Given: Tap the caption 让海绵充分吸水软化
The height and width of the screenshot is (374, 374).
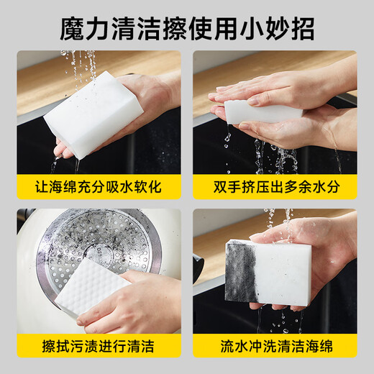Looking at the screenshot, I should pyautogui.click(x=99, y=188).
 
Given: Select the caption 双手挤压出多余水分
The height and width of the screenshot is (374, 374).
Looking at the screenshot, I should pyautogui.click(x=275, y=188).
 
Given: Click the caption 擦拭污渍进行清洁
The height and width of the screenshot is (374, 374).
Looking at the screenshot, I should pyautogui.click(x=99, y=347).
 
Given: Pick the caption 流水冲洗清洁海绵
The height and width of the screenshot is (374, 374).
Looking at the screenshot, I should pyautogui.click(x=275, y=347).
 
